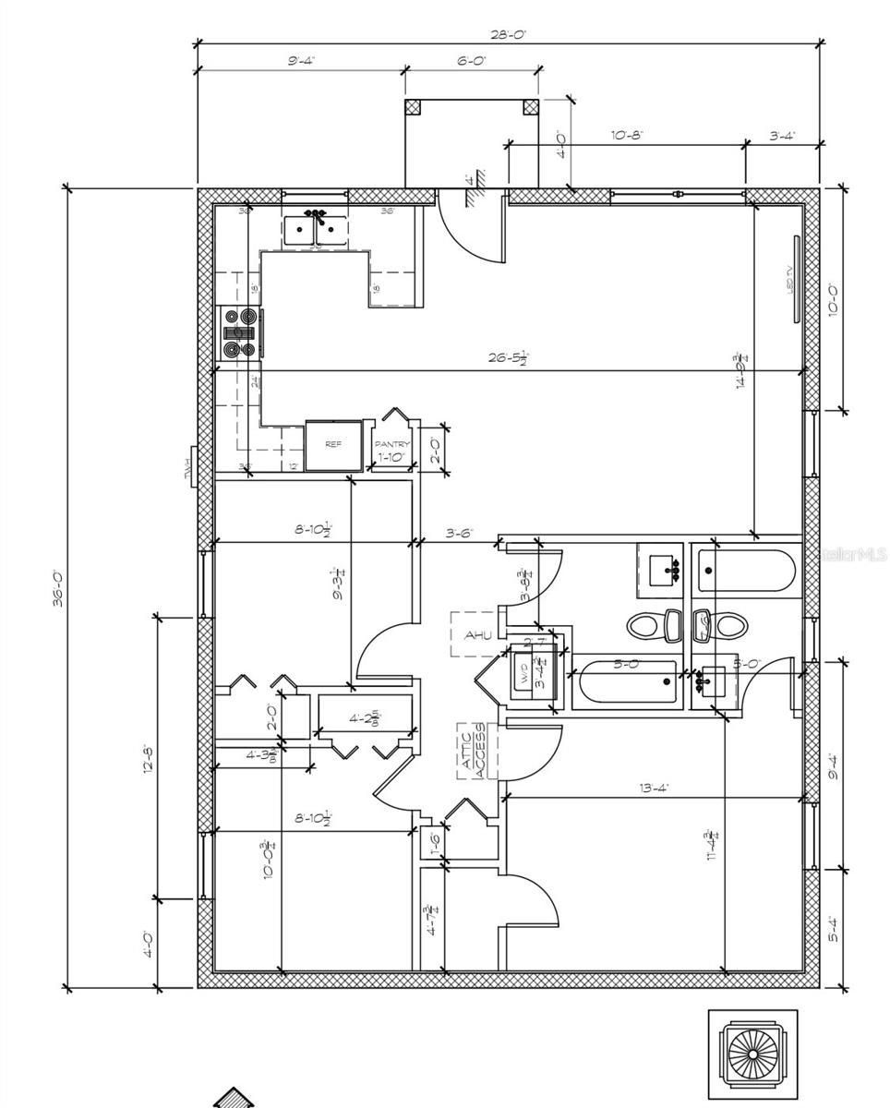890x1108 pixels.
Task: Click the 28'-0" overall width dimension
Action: click(509, 34)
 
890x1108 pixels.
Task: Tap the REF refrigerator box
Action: click(333, 445)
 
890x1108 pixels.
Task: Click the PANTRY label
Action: click(391, 445)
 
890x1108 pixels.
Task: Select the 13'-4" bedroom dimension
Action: click(654, 788)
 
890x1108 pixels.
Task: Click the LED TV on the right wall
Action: click(795, 280)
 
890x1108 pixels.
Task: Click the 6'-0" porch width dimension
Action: click(471, 61)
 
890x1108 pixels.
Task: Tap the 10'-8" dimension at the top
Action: click(627, 135)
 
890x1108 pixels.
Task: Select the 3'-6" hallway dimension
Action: click(460, 533)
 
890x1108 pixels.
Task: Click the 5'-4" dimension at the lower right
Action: click(834, 927)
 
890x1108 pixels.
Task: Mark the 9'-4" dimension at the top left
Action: click(301, 61)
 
